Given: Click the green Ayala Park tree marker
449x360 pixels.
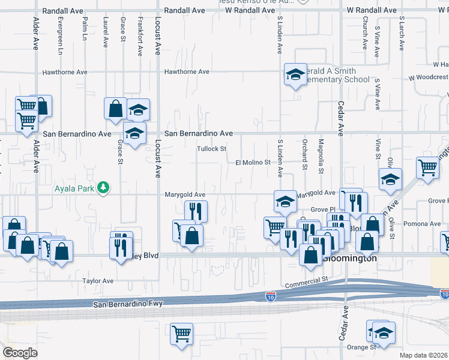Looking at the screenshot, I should click(x=104, y=188).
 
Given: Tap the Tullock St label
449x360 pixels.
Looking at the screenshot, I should click(x=212, y=149).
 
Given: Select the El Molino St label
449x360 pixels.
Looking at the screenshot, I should click(x=253, y=163).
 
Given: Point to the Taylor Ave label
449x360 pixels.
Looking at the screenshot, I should click(x=98, y=281).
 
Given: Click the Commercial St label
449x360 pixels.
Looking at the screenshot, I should click(x=307, y=281).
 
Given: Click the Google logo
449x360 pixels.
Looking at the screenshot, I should click(x=20, y=352).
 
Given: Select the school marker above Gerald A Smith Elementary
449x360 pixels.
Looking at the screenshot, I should click(x=295, y=74).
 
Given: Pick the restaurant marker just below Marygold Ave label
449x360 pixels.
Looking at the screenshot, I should click(x=195, y=211).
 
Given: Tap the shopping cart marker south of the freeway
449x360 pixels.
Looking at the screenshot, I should click(x=182, y=334).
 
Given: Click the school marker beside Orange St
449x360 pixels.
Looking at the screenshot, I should click(x=383, y=332).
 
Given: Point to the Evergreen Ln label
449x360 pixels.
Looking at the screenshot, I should click(x=61, y=39).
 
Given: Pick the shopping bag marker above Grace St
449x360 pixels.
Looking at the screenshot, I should click(x=115, y=109).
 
